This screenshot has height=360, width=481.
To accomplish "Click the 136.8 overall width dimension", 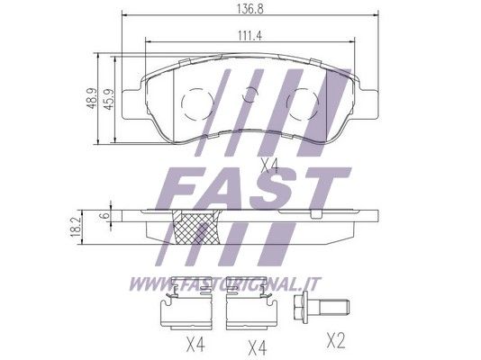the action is pyautogui.click(x=250, y=9).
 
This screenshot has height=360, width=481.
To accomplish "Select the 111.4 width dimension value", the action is pyautogui.click(x=250, y=36).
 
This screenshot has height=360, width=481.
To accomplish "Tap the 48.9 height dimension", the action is pyautogui.click(x=92, y=98).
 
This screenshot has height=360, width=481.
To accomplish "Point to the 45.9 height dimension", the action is pyautogui.click(x=109, y=99).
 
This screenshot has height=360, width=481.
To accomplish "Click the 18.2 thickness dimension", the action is pyautogui.click(x=75, y=227).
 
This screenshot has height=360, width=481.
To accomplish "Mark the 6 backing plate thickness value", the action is pyautogui.click(x=105, y=215).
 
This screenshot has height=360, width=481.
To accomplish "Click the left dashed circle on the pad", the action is pyautogui.click(x=197, y=103).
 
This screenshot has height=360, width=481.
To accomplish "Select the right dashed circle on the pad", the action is pyautogui.click(x=303, y=103).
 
